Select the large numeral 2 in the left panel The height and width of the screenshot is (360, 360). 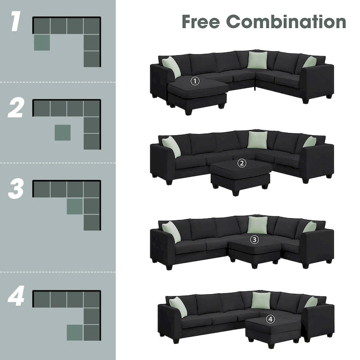pyautogui.click(x=15, y=108)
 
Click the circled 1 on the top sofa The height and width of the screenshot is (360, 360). pyautogui.click(x=195, y=81)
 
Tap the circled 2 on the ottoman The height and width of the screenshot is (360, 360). pyautogui.click(x=242, y=163)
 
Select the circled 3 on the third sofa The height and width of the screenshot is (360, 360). pyautogui.click(x=255, y=239)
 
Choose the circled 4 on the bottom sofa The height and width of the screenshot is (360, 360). pyautogui.click(x=270, y=319)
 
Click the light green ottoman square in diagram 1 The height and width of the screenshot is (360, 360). pyautogui.click(x=41, y=42)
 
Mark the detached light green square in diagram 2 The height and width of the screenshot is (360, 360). pyautogui.click(x=62, y=133)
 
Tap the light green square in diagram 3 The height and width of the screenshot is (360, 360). pyautogui.click(x=75, y=206)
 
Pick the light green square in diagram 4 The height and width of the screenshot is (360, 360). pyautogui.click(x=75, y=333)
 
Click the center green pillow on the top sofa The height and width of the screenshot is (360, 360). pyautogui.click(x=257, y=60)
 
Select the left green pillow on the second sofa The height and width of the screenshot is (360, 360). pyautogui.click(x=171, y=147)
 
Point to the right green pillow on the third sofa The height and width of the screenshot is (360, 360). pyautogui.click(x=310, y=227)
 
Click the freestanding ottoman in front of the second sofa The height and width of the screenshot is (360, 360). pyautogui.click(x=240, y=173)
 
